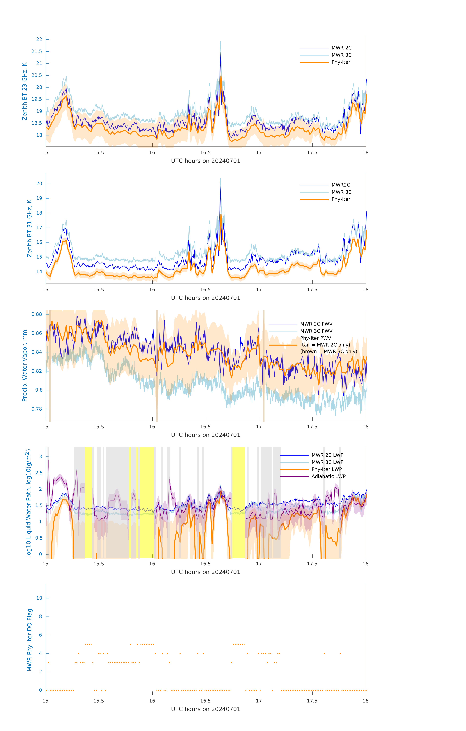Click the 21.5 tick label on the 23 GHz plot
[37, 51]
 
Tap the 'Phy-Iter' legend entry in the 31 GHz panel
[341, 199]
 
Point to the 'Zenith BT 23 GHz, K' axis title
[25, 91]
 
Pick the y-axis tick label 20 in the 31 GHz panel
[39, 184]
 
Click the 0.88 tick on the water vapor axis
[37, 314]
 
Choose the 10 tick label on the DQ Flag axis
[39, 598]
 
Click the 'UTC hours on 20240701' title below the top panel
[206, 161]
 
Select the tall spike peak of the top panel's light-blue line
[220, 42]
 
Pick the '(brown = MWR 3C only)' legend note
[328, 351]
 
